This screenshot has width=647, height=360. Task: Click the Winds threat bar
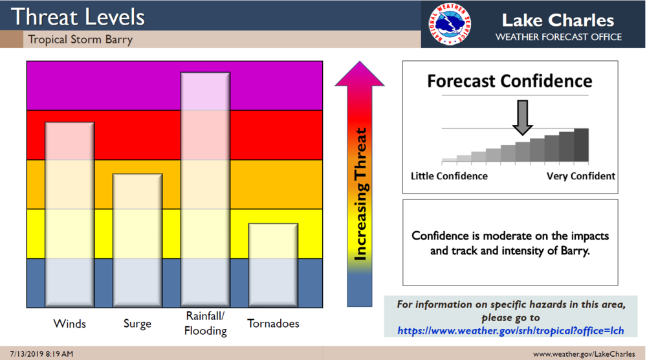click(70, 214)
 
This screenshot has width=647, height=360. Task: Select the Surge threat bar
click(137, 240)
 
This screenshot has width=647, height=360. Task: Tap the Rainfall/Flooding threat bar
click(206, 190)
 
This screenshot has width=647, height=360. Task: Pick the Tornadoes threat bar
click(273, 265)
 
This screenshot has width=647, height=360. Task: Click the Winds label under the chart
click(70, 324)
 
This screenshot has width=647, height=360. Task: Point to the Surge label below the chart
click(137, 324)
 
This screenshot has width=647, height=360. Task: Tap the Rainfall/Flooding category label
click(206, 323)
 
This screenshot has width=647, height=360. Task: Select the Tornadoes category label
click(273, 323)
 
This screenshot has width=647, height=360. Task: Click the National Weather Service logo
click(450, 24)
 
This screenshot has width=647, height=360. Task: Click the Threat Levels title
click(78, 17)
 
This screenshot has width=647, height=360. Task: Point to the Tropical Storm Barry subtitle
click(80, 39)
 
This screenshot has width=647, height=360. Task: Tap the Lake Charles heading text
click(558, 20)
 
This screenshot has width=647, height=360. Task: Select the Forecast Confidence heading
click(510, 81)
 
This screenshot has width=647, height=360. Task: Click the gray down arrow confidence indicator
click(522, 118)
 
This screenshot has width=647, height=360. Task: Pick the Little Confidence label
click(449, 176)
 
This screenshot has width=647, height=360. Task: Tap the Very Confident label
click(581, 176)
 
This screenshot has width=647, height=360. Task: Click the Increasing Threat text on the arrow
click(360, 194)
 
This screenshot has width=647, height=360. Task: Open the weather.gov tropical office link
click(510, 331)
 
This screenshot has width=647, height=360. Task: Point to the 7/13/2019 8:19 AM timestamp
click(41, 354)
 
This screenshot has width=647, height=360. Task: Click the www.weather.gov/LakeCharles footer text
click(584, 354)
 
